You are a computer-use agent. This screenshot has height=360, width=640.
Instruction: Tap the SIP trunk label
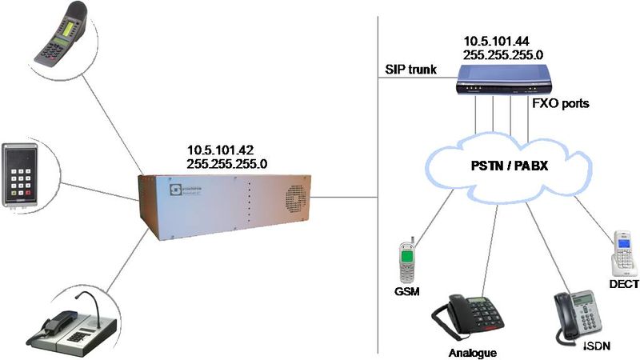pyautogui.click(x=410, y=70)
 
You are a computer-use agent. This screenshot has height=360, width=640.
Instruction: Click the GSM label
pyautogui.click(x=408, y=292)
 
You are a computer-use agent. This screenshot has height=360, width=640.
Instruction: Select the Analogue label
pyautogui.click(x=471, y=352)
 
